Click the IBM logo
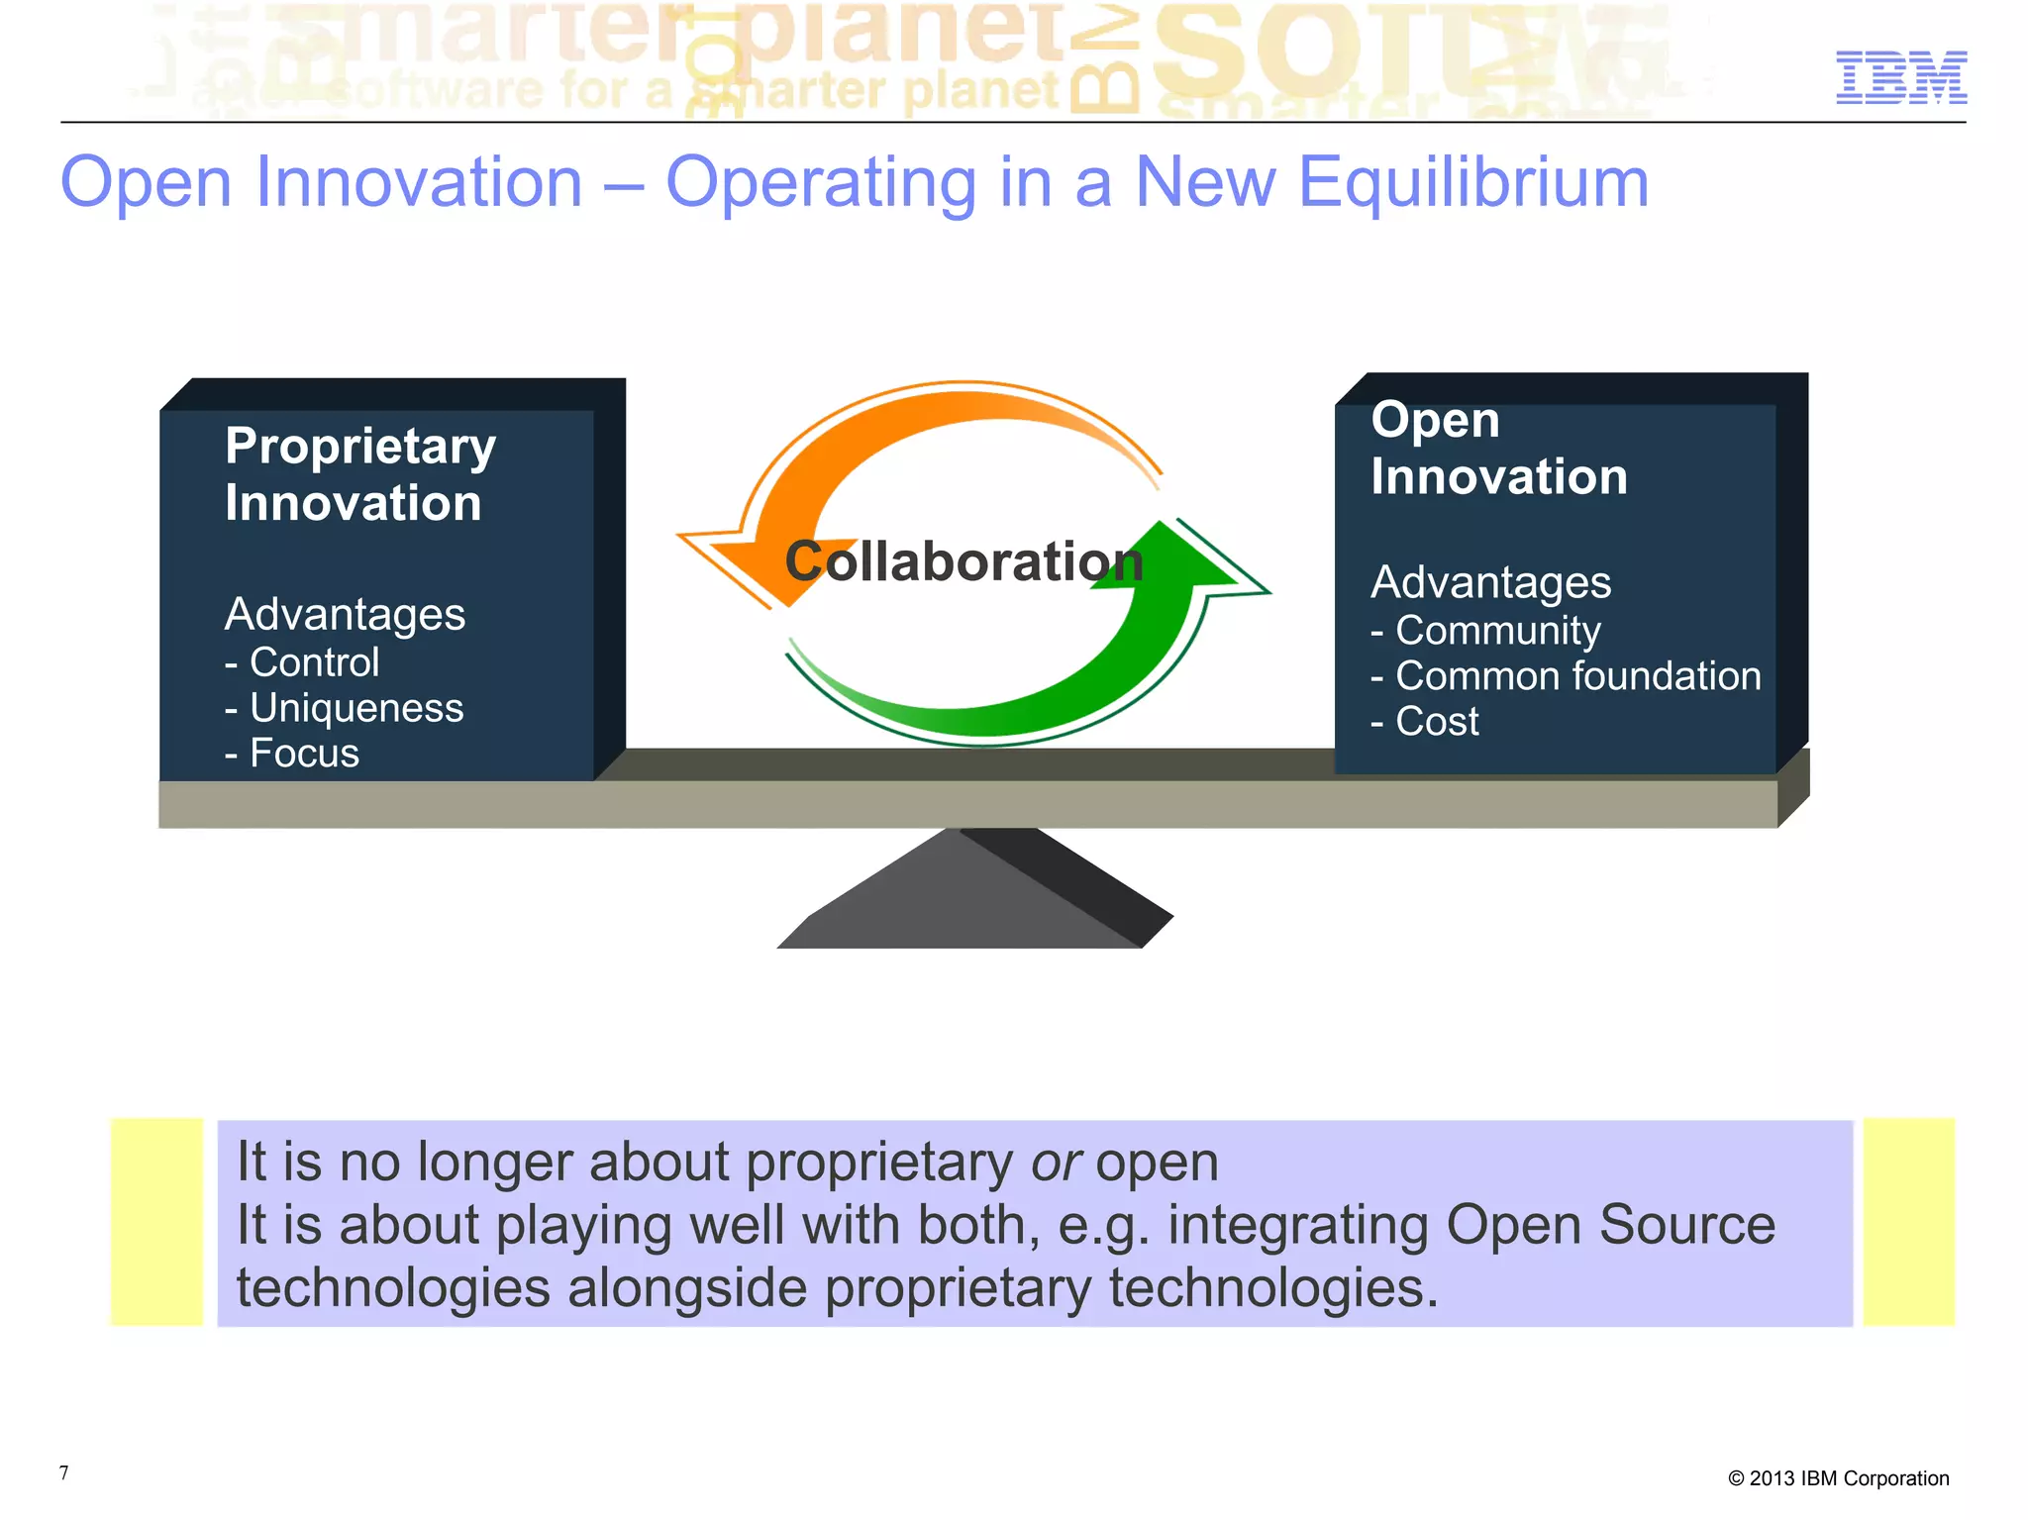tap(1900, 77)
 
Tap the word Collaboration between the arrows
tap(963, 561)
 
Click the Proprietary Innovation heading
tap(358, 473)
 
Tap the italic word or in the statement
tap(1056, 1162)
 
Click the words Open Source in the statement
tap(1610, 1225)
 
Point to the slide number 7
tap(64, 1472)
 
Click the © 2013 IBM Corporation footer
tap(1838, 1478)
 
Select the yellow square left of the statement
tap(156, 1222)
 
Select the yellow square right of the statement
tap(1908, 1222)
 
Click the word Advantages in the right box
tap(1490, 582)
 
